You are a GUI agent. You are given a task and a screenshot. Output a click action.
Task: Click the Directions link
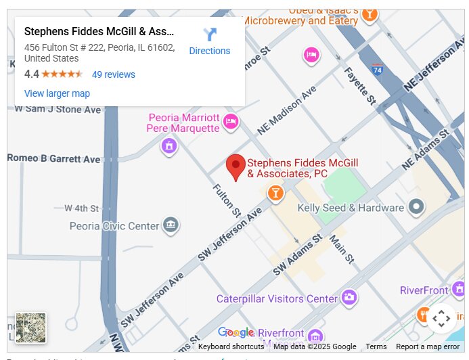tap(209, 42)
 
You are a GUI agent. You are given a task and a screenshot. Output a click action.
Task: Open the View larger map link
tap(57, 93)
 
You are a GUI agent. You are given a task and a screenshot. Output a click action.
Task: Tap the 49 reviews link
tap(113, 74)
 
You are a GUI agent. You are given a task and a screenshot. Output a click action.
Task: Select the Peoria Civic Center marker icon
tap(171, 225)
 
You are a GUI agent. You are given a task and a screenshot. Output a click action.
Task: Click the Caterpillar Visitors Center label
tap(276, 298)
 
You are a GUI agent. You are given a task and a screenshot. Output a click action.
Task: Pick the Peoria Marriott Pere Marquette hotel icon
tap(231, 122)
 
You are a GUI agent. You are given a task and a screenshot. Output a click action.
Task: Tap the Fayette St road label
tap(359, 85)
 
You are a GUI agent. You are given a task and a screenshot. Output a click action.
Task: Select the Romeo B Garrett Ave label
tap(53, 158)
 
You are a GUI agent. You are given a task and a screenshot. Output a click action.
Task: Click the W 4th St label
tap(81, 208)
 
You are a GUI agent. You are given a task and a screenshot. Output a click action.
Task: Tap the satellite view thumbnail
tap(30, 328)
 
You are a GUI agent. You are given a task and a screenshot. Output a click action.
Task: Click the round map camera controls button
tap(441, 318)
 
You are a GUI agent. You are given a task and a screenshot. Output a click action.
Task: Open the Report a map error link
tap(428, 346)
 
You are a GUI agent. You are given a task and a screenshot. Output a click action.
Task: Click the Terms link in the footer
tap(376, 346)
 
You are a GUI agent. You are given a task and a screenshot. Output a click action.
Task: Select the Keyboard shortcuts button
tap(231, 346)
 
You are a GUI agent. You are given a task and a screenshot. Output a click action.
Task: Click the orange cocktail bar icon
tap(275, 194)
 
